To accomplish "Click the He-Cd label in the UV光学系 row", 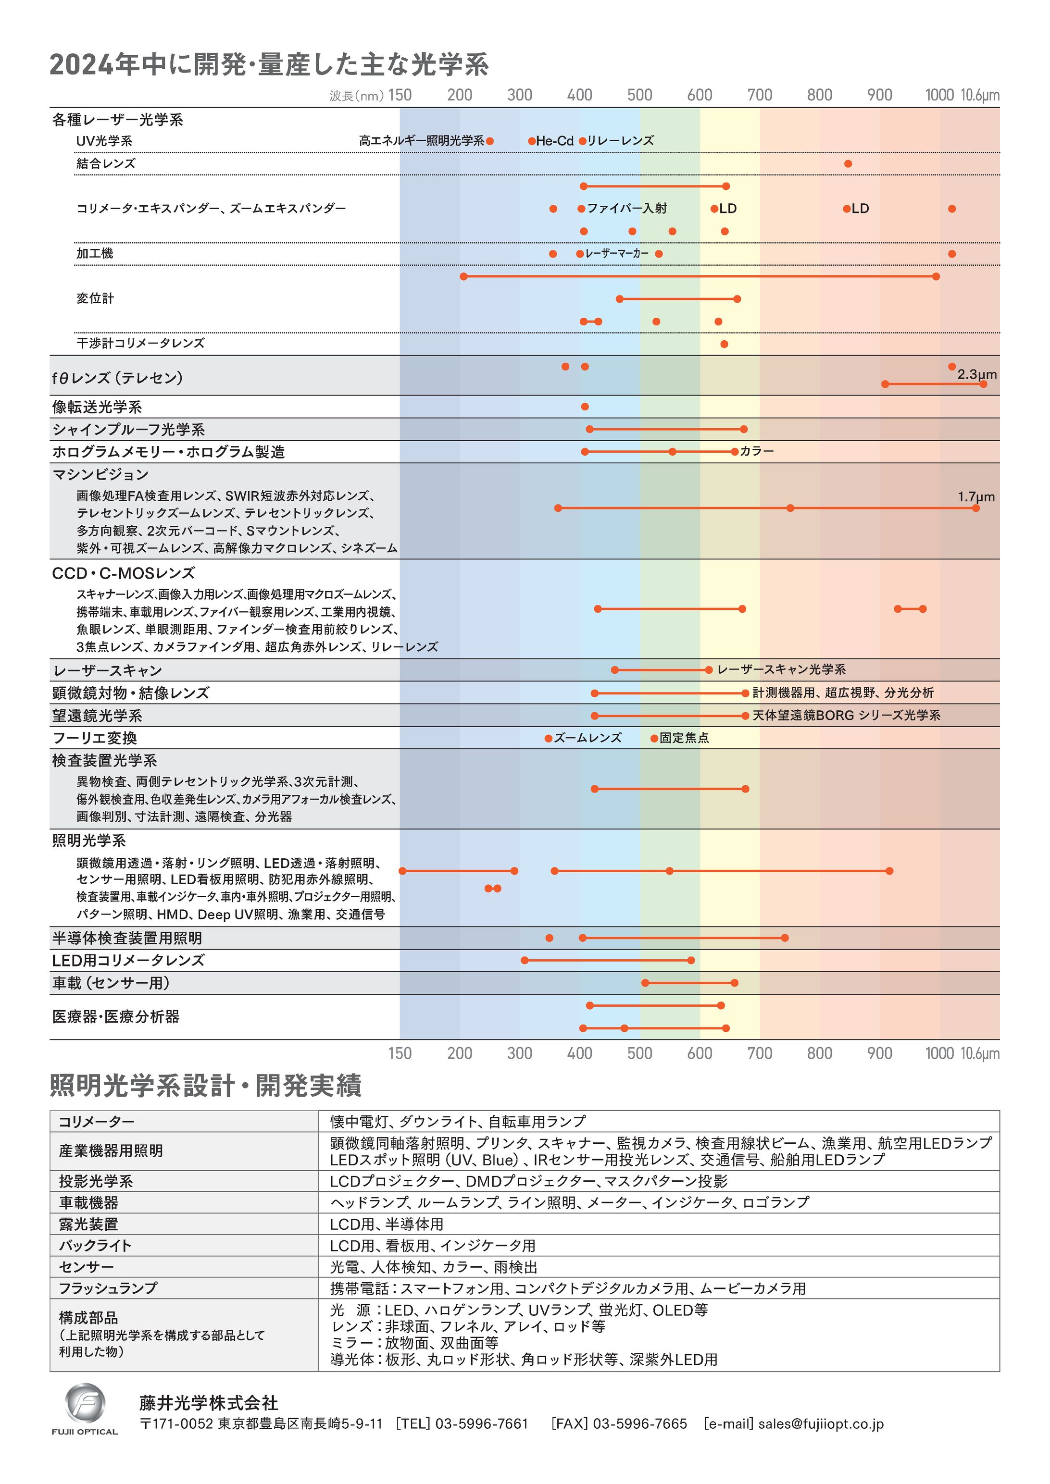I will pos(555,141).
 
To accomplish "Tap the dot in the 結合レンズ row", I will pos(848,163).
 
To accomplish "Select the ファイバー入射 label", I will pos(626,208).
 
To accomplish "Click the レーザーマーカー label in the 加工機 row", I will pos(617,253).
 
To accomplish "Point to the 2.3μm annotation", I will pos(976,374).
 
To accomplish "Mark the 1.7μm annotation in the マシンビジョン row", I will pos(975,497).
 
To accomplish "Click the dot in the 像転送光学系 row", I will pos(585,407).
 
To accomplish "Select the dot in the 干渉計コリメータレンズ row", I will pos(724,344).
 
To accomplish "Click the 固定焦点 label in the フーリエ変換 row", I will pos(684,738).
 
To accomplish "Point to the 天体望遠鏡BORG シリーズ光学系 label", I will pos(846,716).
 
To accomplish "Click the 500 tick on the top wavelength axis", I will pos(639,95).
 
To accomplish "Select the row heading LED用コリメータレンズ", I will pos(128,961).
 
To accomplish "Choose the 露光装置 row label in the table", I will pos(88,1224).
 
